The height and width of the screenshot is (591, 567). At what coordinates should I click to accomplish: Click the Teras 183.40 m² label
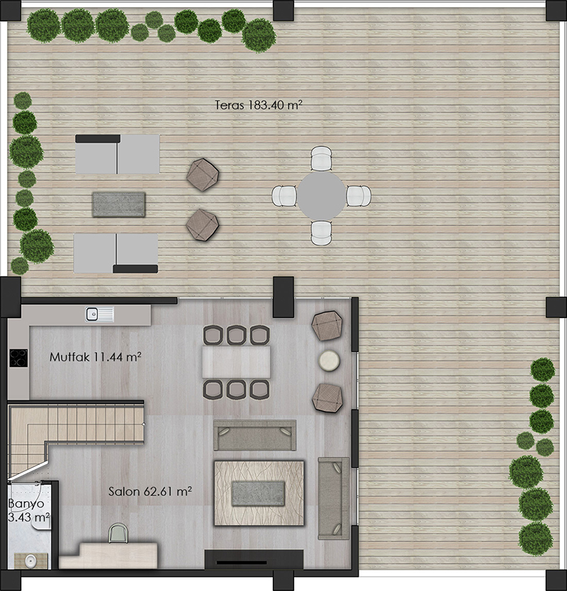(x=259, y=105)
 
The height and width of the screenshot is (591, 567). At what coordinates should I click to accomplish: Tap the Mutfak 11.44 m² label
(x=96, y=356)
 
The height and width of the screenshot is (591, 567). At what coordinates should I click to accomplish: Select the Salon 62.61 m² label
(x=150, y=491)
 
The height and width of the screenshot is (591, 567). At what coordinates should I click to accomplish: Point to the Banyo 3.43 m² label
(x=28, y=510)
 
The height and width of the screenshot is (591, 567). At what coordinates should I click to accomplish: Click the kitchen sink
(x=99, y=315)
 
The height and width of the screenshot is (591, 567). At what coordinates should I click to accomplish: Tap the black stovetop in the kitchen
(x=18, y=358)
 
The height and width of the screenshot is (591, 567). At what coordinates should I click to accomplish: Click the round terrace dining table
(x=322, y=196)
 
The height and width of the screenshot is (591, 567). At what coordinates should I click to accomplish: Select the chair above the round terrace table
(x=322, y=159)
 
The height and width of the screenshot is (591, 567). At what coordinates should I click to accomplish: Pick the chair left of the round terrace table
(x=285, y=196)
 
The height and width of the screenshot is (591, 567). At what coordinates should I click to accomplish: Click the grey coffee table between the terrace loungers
(x=118, y=205)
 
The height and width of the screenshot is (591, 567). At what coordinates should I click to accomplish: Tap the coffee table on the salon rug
(x=258, y=493)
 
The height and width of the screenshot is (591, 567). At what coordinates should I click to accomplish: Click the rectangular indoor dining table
(x=237, y=362)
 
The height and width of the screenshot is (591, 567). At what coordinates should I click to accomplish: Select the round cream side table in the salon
(x=329, y=361)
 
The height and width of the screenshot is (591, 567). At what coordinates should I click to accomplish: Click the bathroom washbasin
(x=30, y=561)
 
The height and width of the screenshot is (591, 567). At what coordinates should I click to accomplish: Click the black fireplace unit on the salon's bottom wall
(x=254, y=559)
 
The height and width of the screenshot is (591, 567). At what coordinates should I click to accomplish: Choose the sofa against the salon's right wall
(x=334, y=498)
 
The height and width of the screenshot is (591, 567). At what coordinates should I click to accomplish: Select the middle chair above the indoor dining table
(x=237, y=335)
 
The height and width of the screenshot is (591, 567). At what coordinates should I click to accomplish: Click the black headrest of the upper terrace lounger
(x=98, y=139)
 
